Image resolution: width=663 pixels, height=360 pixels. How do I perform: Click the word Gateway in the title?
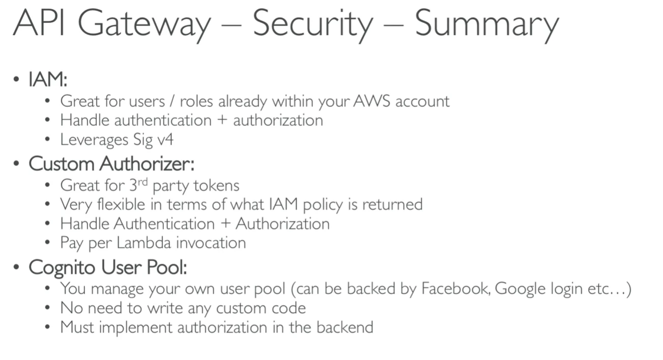click(x=144, y=25)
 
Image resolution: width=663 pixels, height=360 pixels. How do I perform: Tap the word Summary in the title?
click(x=487, y=25)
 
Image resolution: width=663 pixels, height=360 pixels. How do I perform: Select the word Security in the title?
click(x=312, y=25)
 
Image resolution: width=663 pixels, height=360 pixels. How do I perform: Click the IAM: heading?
click(x=48, y=79)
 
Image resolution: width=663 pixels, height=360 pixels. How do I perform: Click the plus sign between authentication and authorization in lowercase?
click(x=222, y=121)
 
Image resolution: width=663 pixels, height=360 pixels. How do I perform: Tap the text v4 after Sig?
click(x=165, y=140)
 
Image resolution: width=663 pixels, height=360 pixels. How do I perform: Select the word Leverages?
click(x=94, y=140)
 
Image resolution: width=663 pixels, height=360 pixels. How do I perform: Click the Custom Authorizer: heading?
click(x=111, y=163)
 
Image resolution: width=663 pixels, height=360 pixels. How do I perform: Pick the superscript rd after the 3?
click(x=142, y=182)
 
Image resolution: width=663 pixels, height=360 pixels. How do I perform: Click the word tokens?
click(x=216, y=186)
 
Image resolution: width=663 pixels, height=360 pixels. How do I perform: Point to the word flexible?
click(x=121, y=205)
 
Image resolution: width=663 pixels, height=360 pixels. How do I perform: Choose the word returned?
click(x=392, y=205)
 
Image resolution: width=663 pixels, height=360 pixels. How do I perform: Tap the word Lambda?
click(x=144, y=243)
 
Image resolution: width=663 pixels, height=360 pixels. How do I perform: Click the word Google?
click(x=520, y=289)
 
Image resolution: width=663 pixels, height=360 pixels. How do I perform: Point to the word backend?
click(x=345, y=327)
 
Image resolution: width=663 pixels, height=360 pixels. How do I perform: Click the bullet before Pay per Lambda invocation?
click(x=47, y=242)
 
